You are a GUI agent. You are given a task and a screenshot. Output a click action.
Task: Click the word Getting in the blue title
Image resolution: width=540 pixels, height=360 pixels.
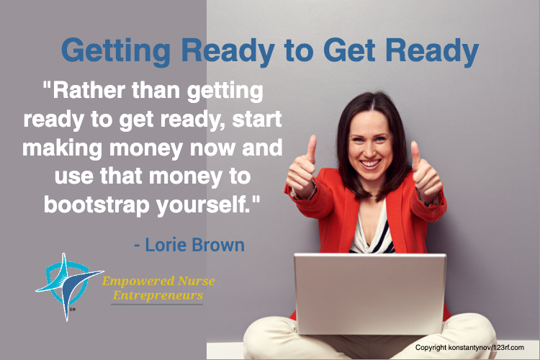coord(116,51)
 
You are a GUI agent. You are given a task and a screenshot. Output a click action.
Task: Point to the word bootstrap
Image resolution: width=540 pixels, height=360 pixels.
coord(96,205)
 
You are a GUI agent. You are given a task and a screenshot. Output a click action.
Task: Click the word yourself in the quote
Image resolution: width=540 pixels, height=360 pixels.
coord(203,205)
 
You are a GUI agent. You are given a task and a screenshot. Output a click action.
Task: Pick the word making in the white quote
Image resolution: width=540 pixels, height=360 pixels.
coord(63,148)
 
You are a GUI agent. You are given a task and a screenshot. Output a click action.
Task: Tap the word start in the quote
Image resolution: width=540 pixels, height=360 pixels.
coord(257,120)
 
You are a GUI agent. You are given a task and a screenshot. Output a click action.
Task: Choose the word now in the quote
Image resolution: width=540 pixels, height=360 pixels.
coord(212,149)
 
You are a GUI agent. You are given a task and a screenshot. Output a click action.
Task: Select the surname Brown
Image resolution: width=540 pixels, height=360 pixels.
coord(218,245)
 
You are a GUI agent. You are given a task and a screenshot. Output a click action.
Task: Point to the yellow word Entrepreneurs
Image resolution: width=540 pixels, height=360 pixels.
coord(158,296)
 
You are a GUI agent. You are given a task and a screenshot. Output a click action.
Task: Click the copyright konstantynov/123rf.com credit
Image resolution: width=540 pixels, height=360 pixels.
coord(469,347)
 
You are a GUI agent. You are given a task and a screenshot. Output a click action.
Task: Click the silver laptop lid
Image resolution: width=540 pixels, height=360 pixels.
coord(370,294)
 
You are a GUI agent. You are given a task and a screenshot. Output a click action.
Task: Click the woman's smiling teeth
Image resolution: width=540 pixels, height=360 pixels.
coord(370,163)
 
